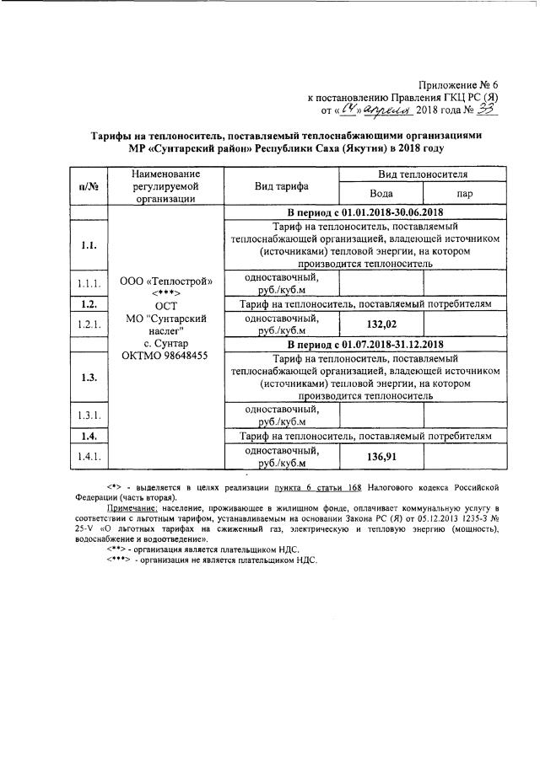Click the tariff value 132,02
(381, 324)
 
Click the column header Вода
(381, 192)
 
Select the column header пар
(465, 193)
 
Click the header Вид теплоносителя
(423, 173)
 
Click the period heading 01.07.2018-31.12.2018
(365, 345)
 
